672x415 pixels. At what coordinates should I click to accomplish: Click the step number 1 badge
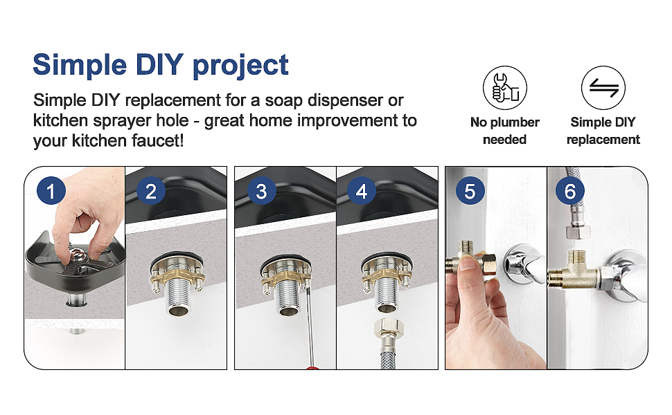[51, 191]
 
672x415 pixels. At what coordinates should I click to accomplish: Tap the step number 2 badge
[151, 191]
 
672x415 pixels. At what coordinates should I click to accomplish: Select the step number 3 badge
[261, 191]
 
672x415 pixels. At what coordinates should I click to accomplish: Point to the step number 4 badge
[361, 191]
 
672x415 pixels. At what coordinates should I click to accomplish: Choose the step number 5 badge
[470, 191]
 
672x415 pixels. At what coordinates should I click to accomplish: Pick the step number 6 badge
[570, 191]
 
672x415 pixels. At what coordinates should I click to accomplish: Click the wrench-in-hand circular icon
[505, 88]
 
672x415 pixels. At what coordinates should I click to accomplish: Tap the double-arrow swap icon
[603, 88]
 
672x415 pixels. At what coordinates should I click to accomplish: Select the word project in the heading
[240, 66]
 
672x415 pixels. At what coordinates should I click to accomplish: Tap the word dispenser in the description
[346, 101]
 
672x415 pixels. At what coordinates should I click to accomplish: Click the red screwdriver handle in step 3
[313, 367]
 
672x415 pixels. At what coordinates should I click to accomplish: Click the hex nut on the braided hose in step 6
[578, 232]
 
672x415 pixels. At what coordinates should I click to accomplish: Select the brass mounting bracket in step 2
[177, 276]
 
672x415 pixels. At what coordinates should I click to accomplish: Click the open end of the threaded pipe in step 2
[177, 311]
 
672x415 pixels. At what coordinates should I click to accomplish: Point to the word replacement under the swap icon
[603, 140]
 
